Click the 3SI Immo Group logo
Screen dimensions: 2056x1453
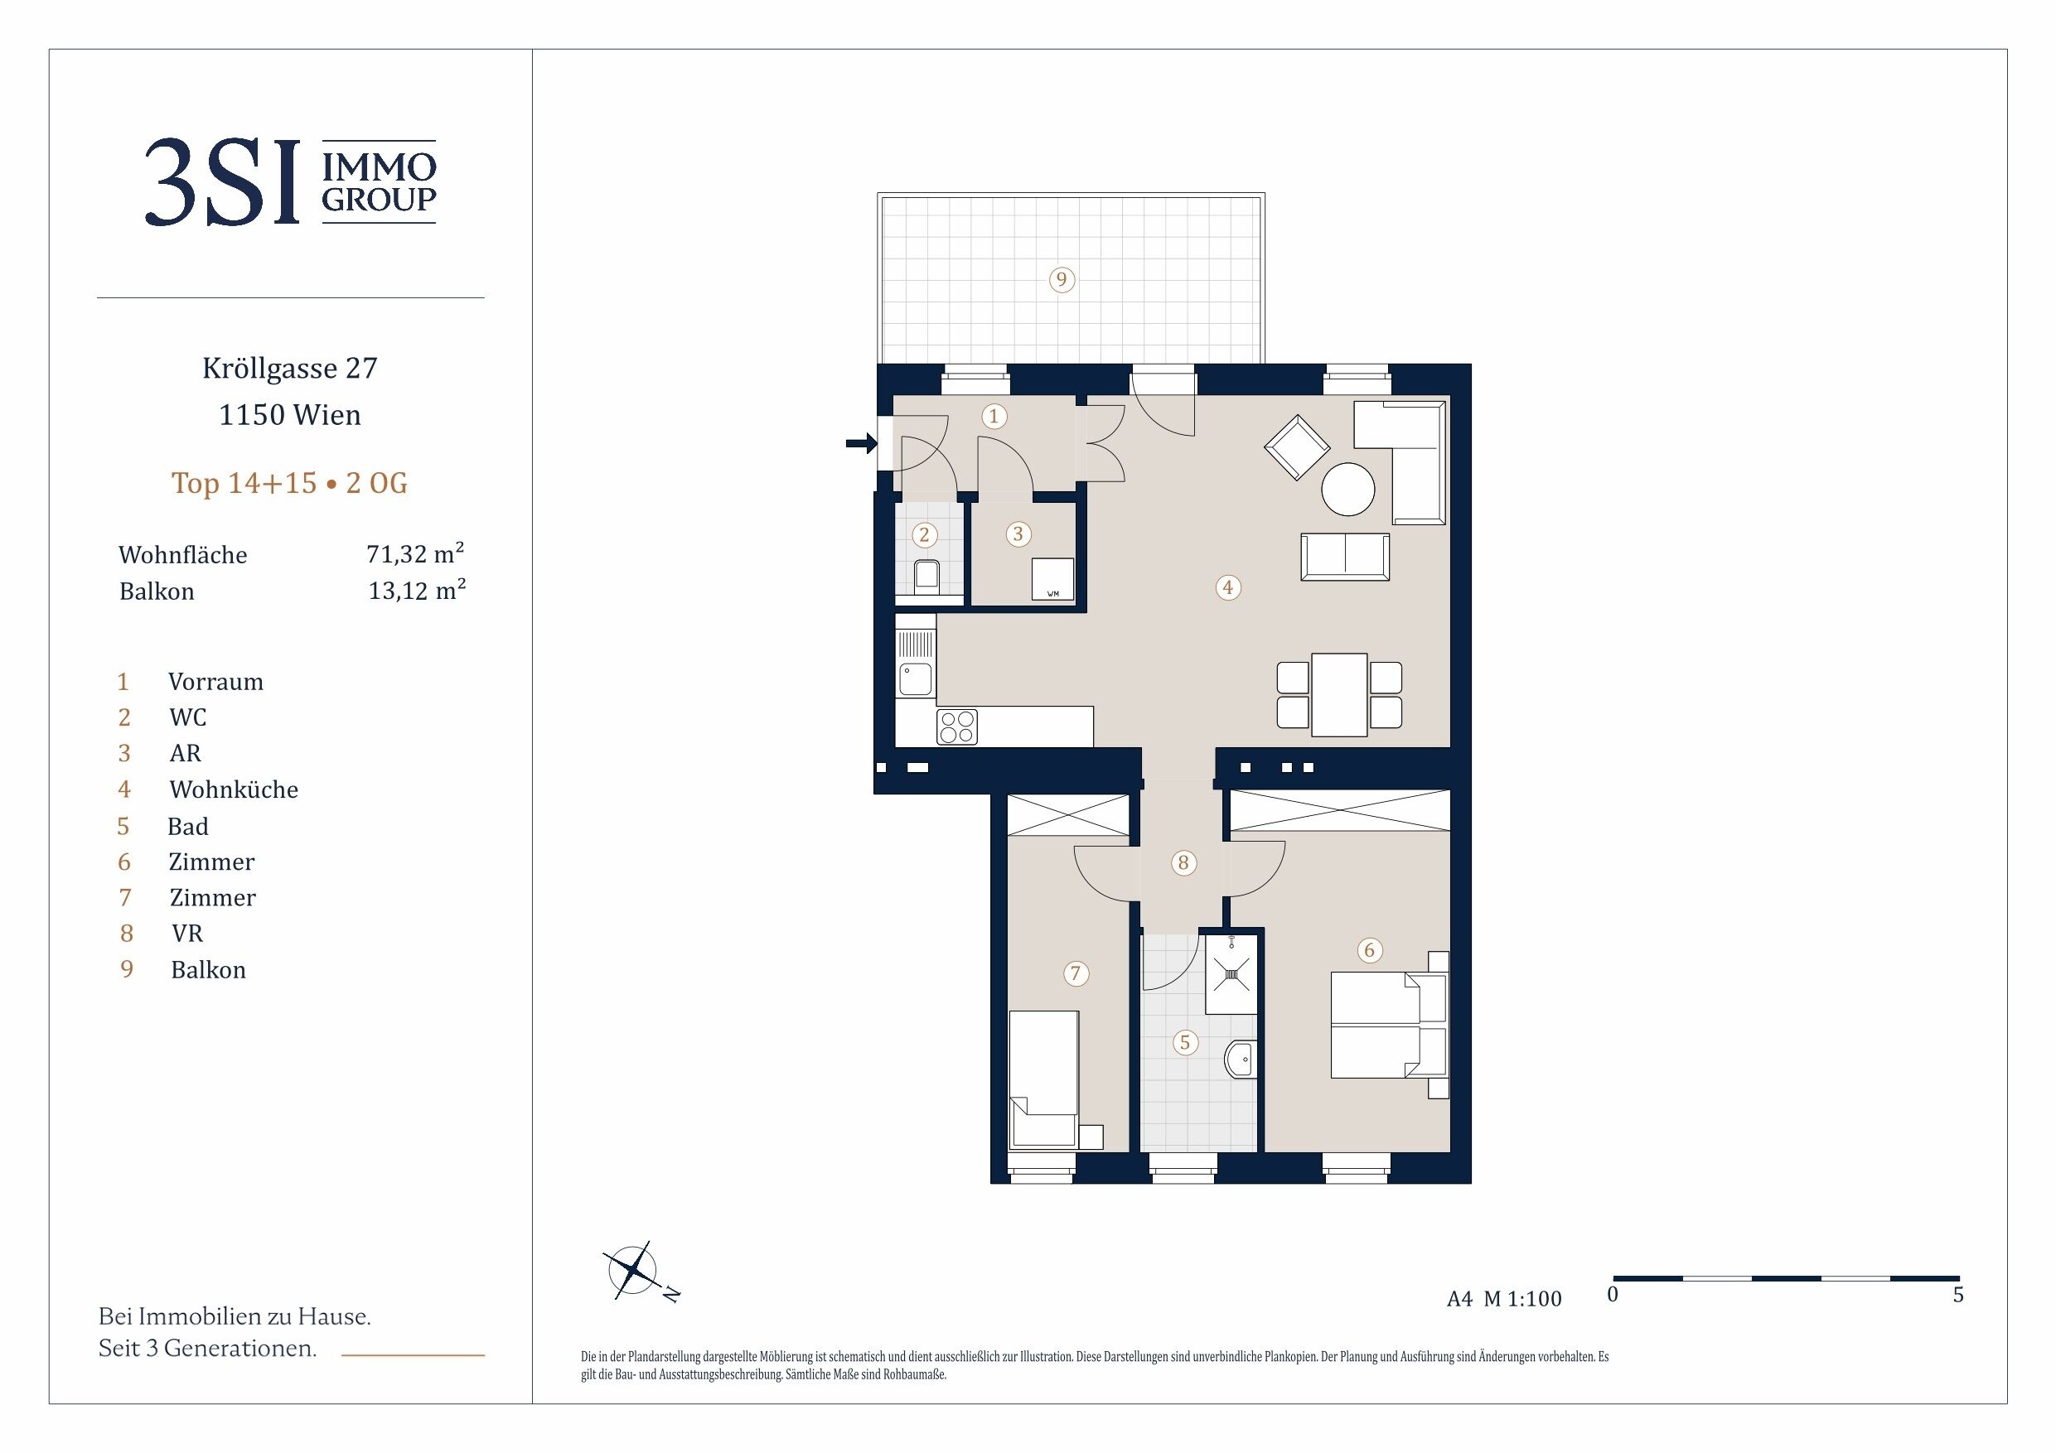click(290, 181)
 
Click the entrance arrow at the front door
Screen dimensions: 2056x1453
click(862, 442)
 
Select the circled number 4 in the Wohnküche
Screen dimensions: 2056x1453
click(1227, 587)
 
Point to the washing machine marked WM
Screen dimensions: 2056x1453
click(1053, 578)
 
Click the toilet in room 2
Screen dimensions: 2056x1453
click(926, 577)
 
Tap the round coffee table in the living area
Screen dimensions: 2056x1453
click(1347, 489)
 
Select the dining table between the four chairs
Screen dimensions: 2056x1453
click(1340, 695)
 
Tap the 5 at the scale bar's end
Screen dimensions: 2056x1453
click(1957, 1295)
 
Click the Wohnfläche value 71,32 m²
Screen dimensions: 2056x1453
click(415, 553)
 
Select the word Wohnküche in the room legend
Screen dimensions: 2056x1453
click(234, 789)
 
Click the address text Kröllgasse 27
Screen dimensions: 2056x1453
click(290, 368)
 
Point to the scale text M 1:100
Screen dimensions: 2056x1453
click(1522, 1299)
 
